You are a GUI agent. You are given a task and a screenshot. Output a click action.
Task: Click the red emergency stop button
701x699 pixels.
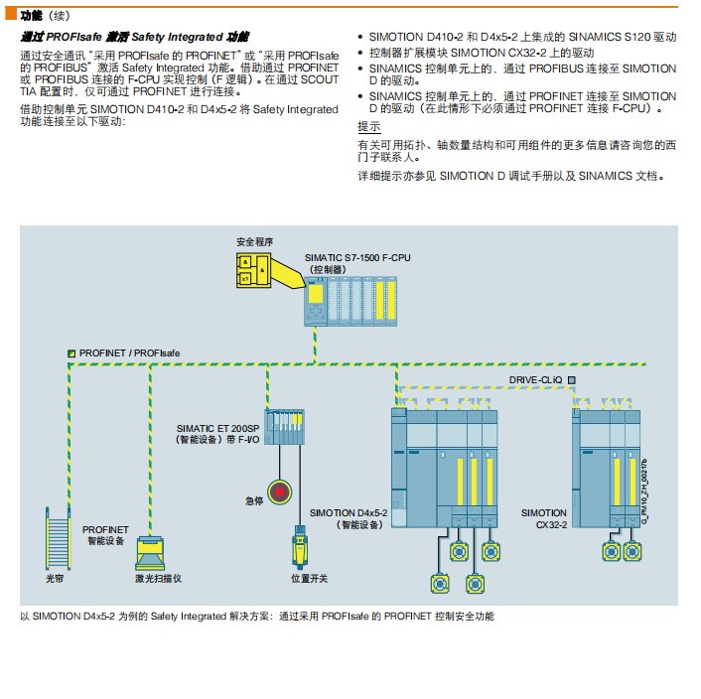280,490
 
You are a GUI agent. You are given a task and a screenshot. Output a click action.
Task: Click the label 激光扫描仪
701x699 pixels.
156,578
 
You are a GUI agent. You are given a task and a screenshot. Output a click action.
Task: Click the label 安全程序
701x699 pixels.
253,241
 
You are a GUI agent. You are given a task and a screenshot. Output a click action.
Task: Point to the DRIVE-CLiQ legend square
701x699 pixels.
572,379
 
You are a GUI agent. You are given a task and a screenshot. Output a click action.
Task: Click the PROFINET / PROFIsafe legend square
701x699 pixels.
70,353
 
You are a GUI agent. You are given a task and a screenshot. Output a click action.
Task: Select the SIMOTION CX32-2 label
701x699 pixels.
544,518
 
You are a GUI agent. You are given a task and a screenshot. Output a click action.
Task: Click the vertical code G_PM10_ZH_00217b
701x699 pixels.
644,491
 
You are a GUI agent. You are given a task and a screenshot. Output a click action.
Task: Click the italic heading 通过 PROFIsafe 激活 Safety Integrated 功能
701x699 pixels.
135,36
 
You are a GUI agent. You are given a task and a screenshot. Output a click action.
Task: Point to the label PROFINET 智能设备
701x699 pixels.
103,535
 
